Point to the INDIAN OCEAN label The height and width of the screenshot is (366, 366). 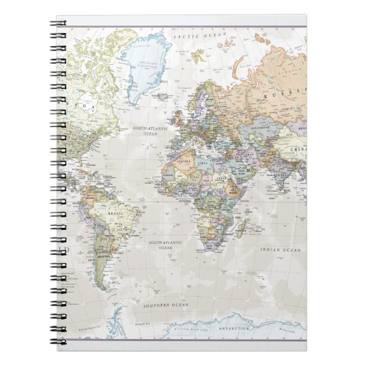280,249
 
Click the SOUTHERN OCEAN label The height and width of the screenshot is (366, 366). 166,305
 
